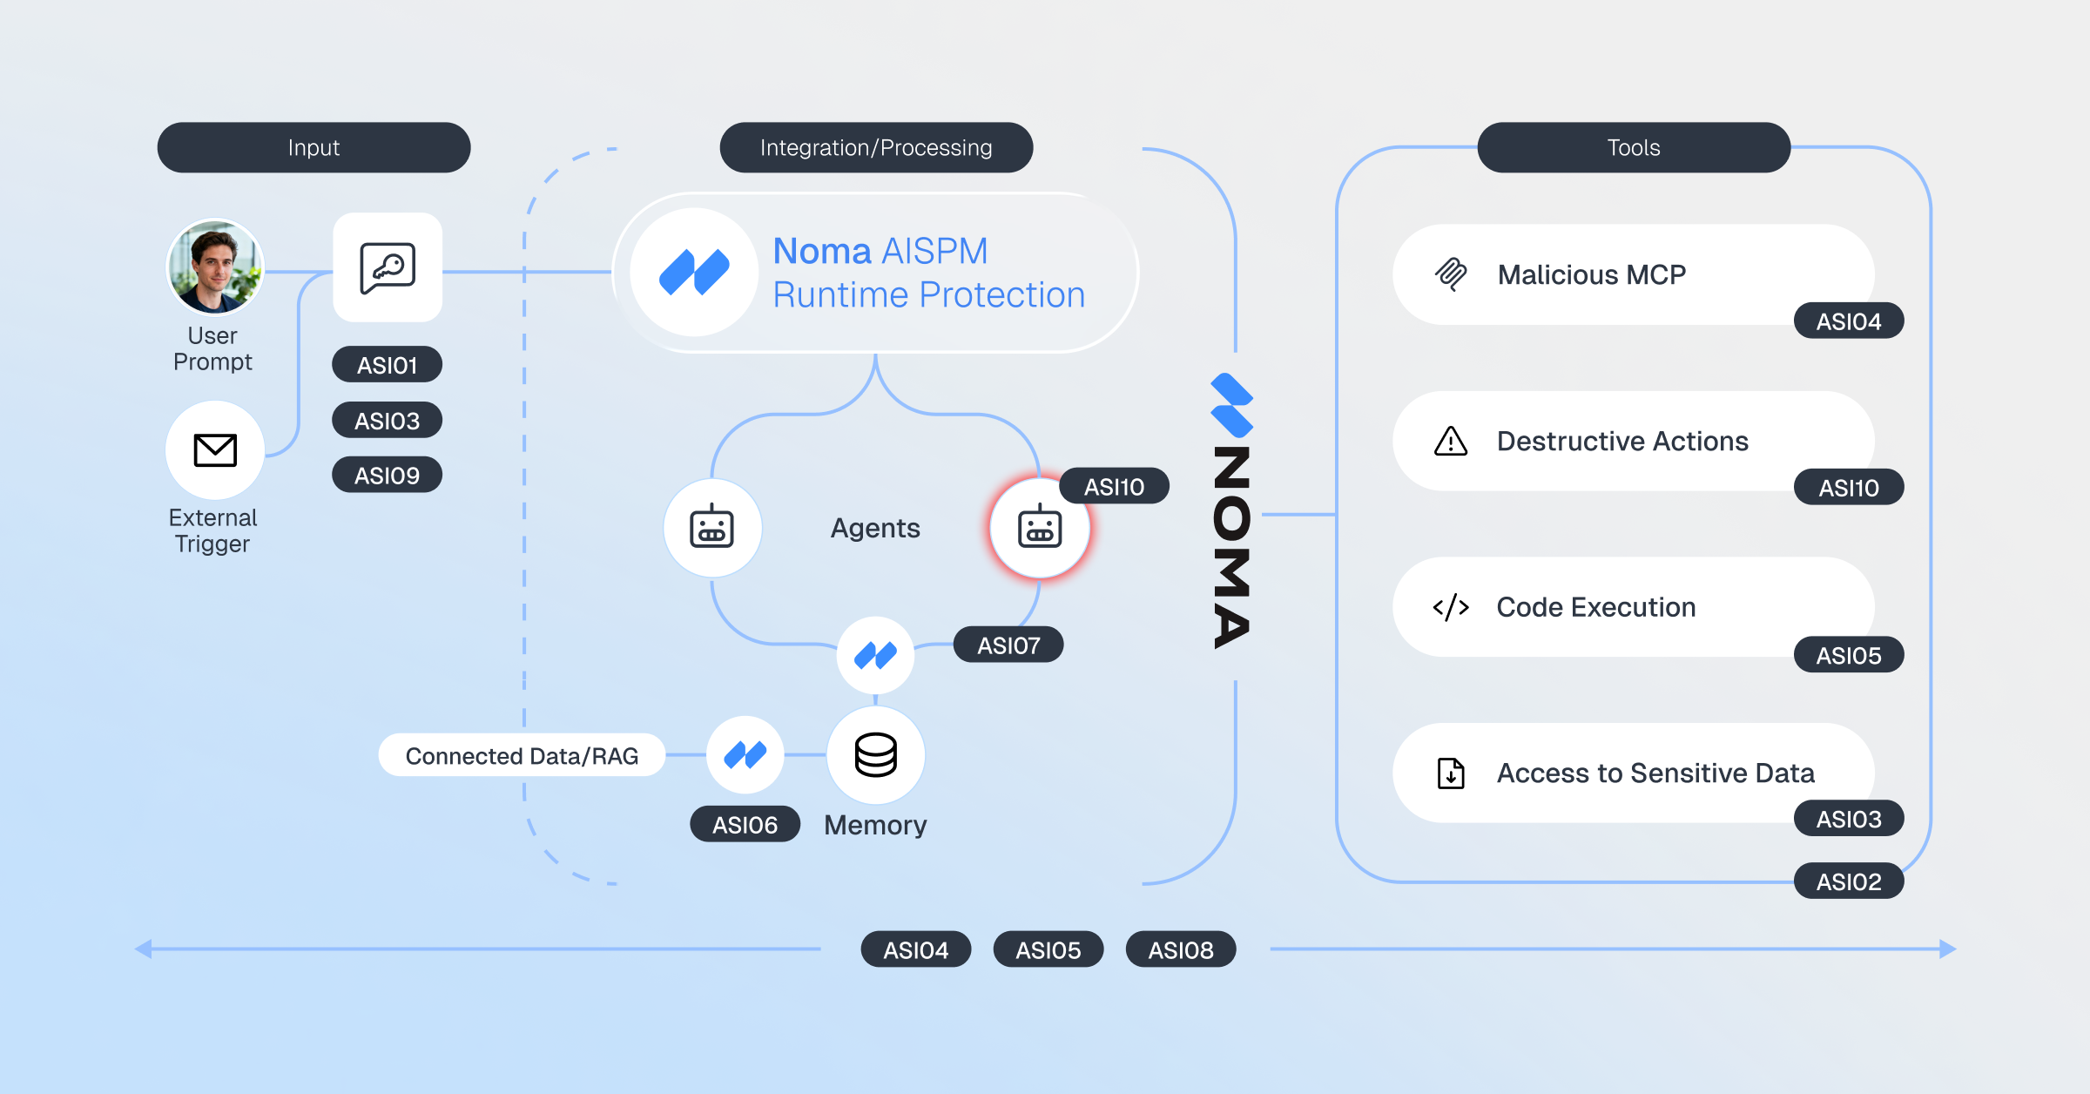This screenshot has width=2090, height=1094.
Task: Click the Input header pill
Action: click(313, 147)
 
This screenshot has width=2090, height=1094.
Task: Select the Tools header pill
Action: click(1633, 147)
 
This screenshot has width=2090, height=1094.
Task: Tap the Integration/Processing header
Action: click(875, 147)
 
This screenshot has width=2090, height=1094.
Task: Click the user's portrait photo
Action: click(214, 267)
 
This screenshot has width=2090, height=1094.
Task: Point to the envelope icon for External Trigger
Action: click(214, 450)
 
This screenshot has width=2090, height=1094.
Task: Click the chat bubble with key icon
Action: click(388, 267)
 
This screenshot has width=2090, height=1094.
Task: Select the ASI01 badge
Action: click(387, 365)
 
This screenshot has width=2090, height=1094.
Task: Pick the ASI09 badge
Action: click(387, 476)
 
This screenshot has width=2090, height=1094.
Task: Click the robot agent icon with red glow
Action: click(1039, 528)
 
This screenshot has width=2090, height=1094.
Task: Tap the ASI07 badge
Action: click(1008, 645)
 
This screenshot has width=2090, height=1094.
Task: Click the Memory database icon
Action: click(875, 754)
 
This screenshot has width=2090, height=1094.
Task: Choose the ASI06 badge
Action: click(745, 825)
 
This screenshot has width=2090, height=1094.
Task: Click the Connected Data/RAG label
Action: click(522, 756)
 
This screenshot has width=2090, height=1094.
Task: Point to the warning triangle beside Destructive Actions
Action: click(1450, 442)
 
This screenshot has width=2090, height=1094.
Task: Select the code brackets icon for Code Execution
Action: click(1450, 607)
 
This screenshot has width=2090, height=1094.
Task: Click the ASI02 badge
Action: click(1848, 882)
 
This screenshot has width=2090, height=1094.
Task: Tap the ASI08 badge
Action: click(1180, 950)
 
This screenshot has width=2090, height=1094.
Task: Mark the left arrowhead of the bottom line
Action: click(145, 949)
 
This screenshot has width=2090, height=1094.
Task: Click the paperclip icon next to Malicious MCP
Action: click(1450, 274)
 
